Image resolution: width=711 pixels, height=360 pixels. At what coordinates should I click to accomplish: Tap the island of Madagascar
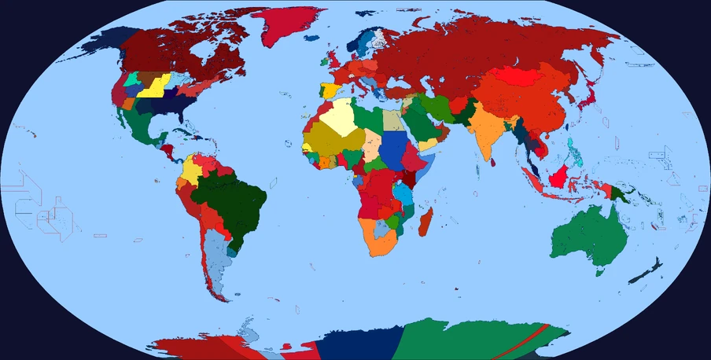coord(425,221)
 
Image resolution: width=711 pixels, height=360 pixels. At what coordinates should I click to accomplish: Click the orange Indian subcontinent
coord(488,130)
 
